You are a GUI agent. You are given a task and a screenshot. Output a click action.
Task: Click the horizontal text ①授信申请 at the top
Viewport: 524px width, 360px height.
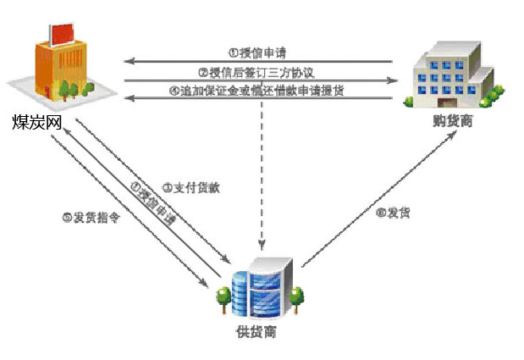click(x=262, y=53)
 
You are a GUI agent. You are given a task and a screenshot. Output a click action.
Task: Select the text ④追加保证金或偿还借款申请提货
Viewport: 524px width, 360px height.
click(x=260, y=90)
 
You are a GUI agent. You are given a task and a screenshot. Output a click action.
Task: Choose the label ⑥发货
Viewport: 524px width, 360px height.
click(x=392, y=212)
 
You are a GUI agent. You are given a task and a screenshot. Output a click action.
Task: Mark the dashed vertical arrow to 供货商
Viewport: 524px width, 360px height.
click(x=265, y=169)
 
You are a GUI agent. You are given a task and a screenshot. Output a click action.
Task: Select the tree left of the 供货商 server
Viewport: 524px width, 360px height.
click(x=223, y=296)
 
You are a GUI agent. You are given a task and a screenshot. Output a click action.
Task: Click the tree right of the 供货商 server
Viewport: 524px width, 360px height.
click(x=297, y=296)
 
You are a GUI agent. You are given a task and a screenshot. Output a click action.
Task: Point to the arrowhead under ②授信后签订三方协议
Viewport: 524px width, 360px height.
click(x=393, y=81)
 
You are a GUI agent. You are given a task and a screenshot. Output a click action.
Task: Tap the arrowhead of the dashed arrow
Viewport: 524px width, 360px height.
click(x=265, y=239)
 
